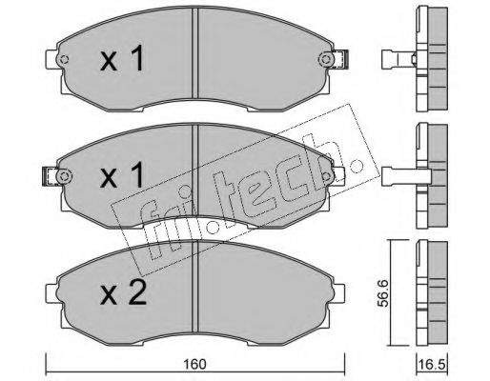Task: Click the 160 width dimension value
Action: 194,364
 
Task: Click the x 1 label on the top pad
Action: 122,59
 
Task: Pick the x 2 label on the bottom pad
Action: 123,292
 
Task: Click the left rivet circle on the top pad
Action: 65,59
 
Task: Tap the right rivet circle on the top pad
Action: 325,59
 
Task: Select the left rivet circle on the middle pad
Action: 65,176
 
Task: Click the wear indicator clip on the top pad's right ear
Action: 341,59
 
